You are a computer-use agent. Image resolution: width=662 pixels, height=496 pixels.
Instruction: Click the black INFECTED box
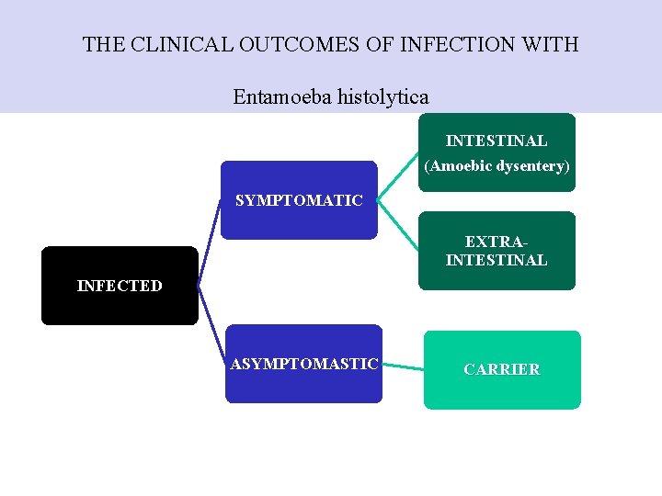(x=120, y=286)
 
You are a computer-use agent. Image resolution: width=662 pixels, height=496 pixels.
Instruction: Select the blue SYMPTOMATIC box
(x=299, y=200)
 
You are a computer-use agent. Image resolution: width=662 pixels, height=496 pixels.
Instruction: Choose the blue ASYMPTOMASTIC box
(x=303, y=364)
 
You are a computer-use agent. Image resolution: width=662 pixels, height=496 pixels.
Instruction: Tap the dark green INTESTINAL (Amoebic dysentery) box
(x=496, y=152)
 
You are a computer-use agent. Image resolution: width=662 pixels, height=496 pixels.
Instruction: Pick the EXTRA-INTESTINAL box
(x=496, y=251)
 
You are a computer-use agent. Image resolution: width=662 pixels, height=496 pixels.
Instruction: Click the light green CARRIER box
(x=502, y=369)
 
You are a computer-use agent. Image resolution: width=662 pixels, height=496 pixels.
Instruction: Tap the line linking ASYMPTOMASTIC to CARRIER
(x=402, y=366)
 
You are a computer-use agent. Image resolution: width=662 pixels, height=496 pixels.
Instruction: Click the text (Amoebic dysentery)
(x=496, y=166)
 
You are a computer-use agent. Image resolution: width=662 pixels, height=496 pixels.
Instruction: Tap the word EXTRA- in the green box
(x=496, y=242)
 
